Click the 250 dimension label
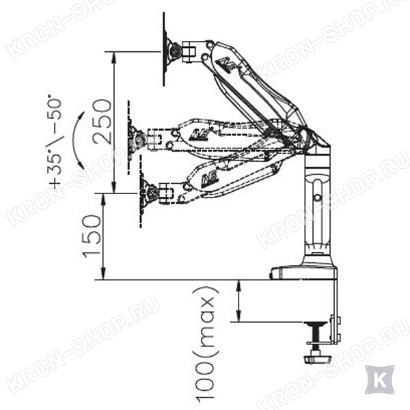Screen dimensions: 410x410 pyautogui.click(x=102, y=122)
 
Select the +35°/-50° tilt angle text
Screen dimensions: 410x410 pyautogui.click(x=56, y=143)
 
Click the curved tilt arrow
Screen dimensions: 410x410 pyautogui.click(x=77, y=140)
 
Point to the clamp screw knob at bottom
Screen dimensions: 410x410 pyautogui.click(x=316, y=358)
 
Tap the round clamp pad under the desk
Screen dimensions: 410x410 pyautogui.click(x=316, y=324)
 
